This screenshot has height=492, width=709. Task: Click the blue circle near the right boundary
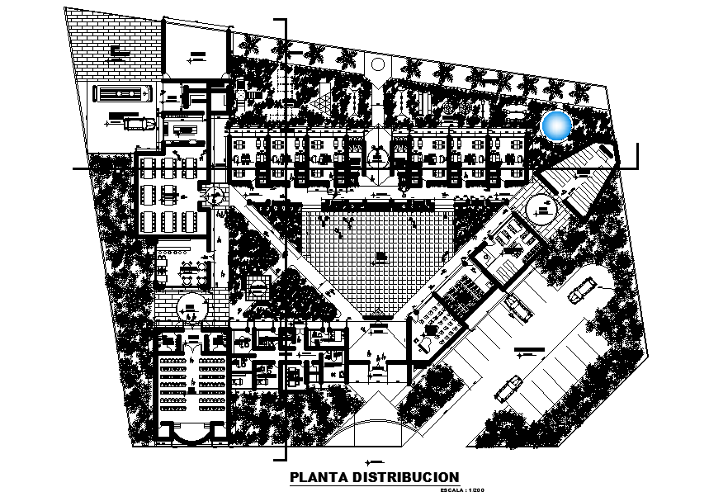point(557,125)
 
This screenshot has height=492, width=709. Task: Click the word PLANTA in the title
point(318,478)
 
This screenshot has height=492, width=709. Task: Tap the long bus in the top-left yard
point(122,93)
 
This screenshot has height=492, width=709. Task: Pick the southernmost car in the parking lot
point(509,386)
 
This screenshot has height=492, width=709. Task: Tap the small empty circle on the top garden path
point(378,64)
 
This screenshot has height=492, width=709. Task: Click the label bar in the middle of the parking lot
point(524,352)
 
